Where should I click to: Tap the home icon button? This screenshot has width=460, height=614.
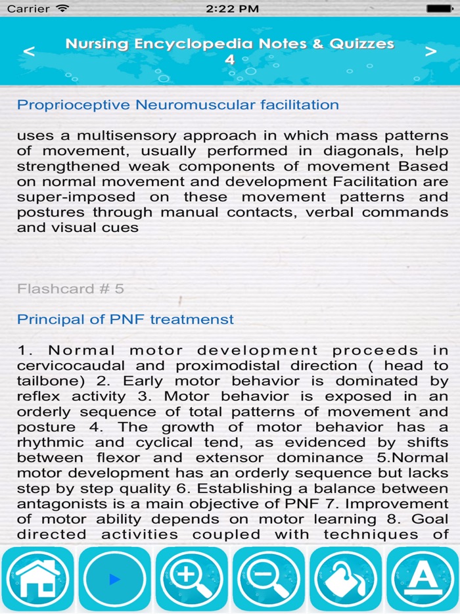tap(38, 579)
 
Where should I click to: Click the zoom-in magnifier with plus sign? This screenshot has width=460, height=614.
tap(191, 579)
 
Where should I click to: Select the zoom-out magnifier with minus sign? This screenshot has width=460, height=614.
tap(268, 579)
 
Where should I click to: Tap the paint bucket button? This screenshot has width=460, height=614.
tap(345, 579)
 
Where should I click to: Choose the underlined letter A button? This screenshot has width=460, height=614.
tap(423, 579)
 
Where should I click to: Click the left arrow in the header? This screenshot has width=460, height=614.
tap(29, 52)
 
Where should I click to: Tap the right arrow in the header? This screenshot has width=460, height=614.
tap(430, 52)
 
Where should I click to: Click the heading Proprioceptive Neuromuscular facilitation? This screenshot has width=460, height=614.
tap(178, 105)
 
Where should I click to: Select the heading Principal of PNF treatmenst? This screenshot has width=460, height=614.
tap(126, 319)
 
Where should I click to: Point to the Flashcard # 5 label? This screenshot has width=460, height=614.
tap(70, 289)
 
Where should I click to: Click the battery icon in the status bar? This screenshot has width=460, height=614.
tap(440, 9)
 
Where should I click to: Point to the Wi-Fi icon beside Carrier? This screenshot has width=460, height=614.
tap(62, 9)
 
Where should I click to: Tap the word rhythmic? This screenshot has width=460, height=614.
tap(51, 442)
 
